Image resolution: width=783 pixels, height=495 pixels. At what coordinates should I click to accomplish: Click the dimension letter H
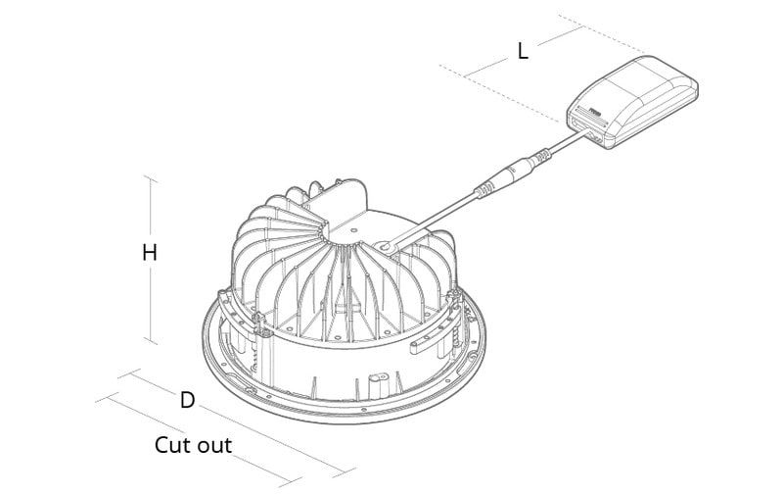[x=150, y=253]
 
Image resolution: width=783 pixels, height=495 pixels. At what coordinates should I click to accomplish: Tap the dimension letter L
[x=523, y=52]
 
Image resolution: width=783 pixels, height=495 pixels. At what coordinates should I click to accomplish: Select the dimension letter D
[x=187, y=400]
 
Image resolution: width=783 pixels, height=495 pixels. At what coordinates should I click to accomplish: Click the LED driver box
[x=633, y=100]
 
